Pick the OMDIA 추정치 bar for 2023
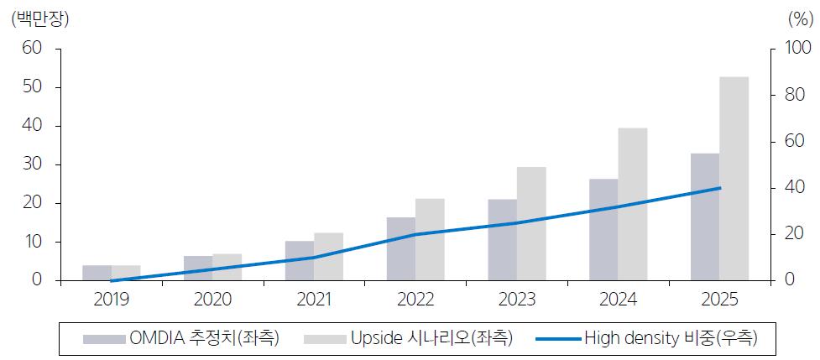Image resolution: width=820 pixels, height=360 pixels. click(502, 240)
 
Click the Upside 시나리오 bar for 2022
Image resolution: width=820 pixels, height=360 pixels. click(430, 239)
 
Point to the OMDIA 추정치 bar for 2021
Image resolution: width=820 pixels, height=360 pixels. click(299, 261)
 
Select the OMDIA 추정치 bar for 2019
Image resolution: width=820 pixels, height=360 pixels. click(97, 273)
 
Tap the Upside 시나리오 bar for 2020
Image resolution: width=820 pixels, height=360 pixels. click(227, 267)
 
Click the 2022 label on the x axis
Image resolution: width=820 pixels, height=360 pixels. click(415, 300)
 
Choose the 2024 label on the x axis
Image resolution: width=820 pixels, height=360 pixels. click(619, 300)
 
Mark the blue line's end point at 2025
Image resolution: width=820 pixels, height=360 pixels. click(719, 188)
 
